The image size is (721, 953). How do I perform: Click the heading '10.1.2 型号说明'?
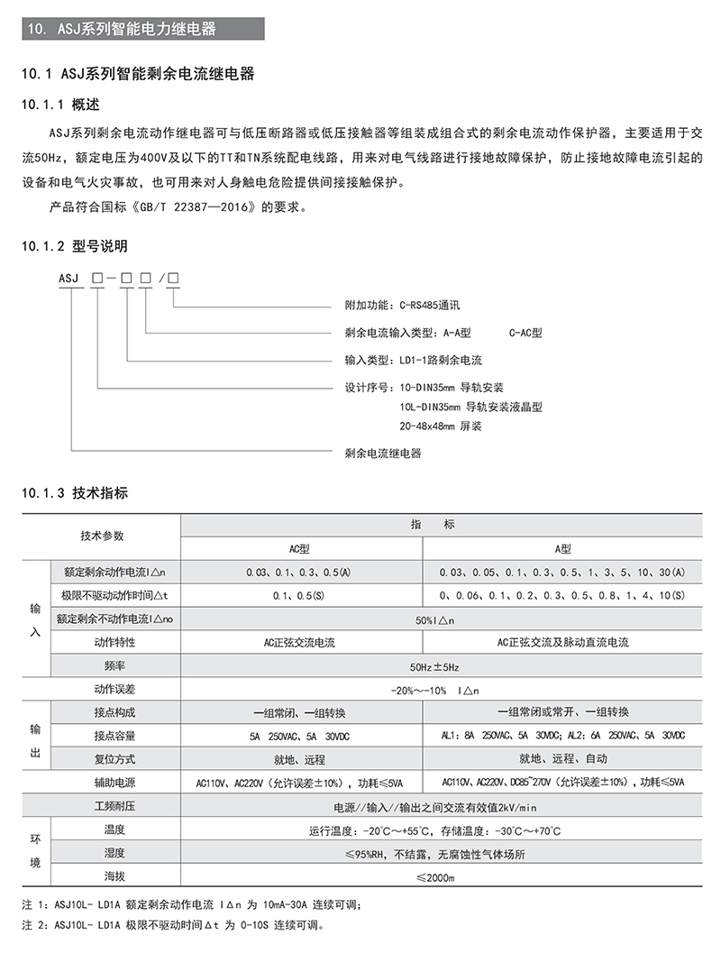pyautogui.click(x=73, y=245)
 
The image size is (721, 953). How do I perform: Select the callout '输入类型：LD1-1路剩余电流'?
pyautogui.click(x=414, y=360)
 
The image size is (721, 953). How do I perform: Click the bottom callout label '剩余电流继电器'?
pyautogui.click(x=383, y=453)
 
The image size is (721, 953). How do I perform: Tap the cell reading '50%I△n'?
pyautogui.click(x=437, y=620)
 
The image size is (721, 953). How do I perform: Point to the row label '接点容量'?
pyautogui.click(x=114, y=736)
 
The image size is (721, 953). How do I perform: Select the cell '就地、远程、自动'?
pyautogui.click(x=561, y=759)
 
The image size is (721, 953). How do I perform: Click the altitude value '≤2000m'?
pyautogui.click(x=437, y=876)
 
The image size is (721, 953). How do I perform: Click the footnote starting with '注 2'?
pyautogui.click(x=171, y=925)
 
